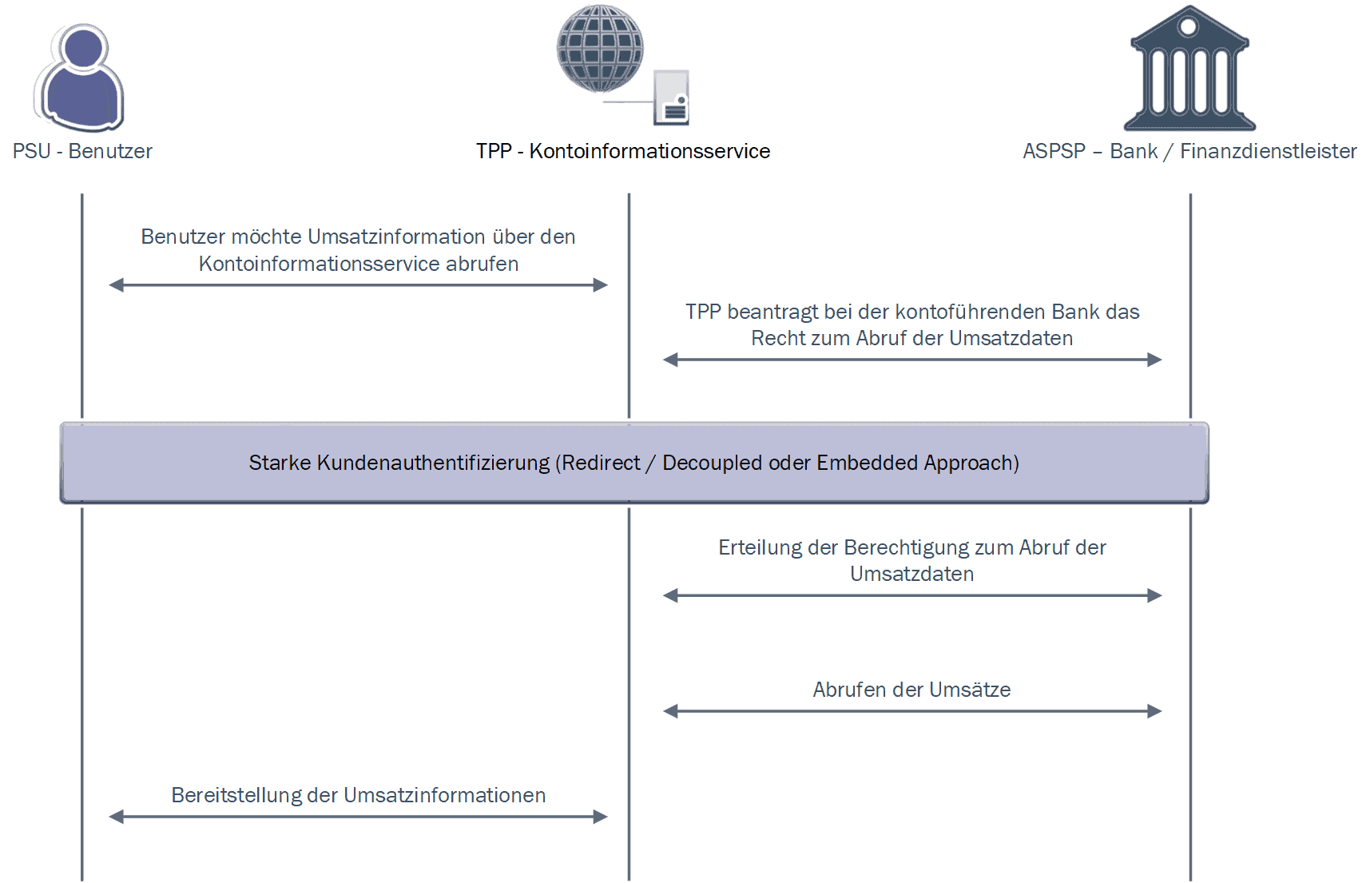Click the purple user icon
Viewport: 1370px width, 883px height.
pyautogui.click(x=80, y=78)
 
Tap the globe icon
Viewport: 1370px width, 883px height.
pyautogui.click(x=600, y=48)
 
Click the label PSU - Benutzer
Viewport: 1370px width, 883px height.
pyautogui.click(x=82, y=151)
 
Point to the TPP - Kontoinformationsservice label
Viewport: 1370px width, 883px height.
pyautogui.click(x=623, y=151)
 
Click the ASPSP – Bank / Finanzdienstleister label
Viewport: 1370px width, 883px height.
pyautogui.click(x=1189, y=151)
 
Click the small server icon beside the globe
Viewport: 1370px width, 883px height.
pyautogui.click(x=671, y=98)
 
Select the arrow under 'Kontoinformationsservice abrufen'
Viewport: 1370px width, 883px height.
pyautogui.click(x=358, y=285)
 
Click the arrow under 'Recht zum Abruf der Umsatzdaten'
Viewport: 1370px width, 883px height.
pyautogui.click(x=911, y=360)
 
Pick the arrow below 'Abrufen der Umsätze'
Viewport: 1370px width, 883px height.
pyautogui.click(x=911, y=711)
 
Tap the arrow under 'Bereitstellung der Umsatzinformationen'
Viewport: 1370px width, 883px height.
pyautogui.click(x=358, y=817)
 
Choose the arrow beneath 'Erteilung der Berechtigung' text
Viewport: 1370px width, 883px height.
pyautogui.click(x=911, y=595)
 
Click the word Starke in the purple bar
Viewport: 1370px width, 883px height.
pyautogui.click(x=280, y=463)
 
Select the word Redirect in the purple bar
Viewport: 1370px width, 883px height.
pyautogui.click(x=601, y=463)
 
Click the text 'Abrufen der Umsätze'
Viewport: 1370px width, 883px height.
pyautogui.click(x=911, y=690)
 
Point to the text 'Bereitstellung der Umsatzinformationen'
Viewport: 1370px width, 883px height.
pyautogui.click(x=358, y=795)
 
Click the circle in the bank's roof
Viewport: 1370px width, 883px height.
pyautogui.click(x=1189, y=26)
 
